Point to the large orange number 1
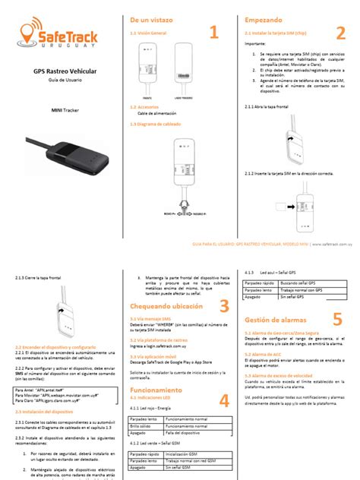click(213, 32)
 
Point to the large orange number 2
click(340, 32)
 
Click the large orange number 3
click(224, 305)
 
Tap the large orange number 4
click(224, 400)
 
